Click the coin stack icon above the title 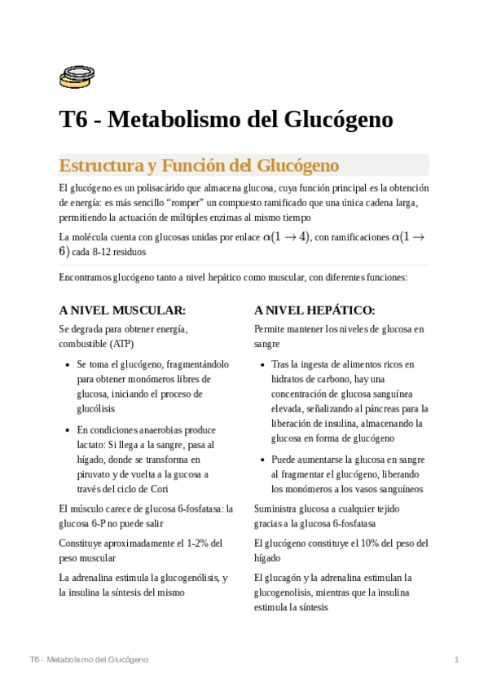[x=77, y=77]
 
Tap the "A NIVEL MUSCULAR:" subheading [x=122, y=310]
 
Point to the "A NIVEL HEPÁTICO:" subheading [x=314, y=310]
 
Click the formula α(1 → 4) [x=285, y=236]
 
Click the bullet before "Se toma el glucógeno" [x=67, y=365]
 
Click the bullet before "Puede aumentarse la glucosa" [x=262, y=460]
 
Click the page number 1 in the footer [x=457, y=658]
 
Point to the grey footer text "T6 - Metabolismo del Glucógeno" [x=88, y=658]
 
